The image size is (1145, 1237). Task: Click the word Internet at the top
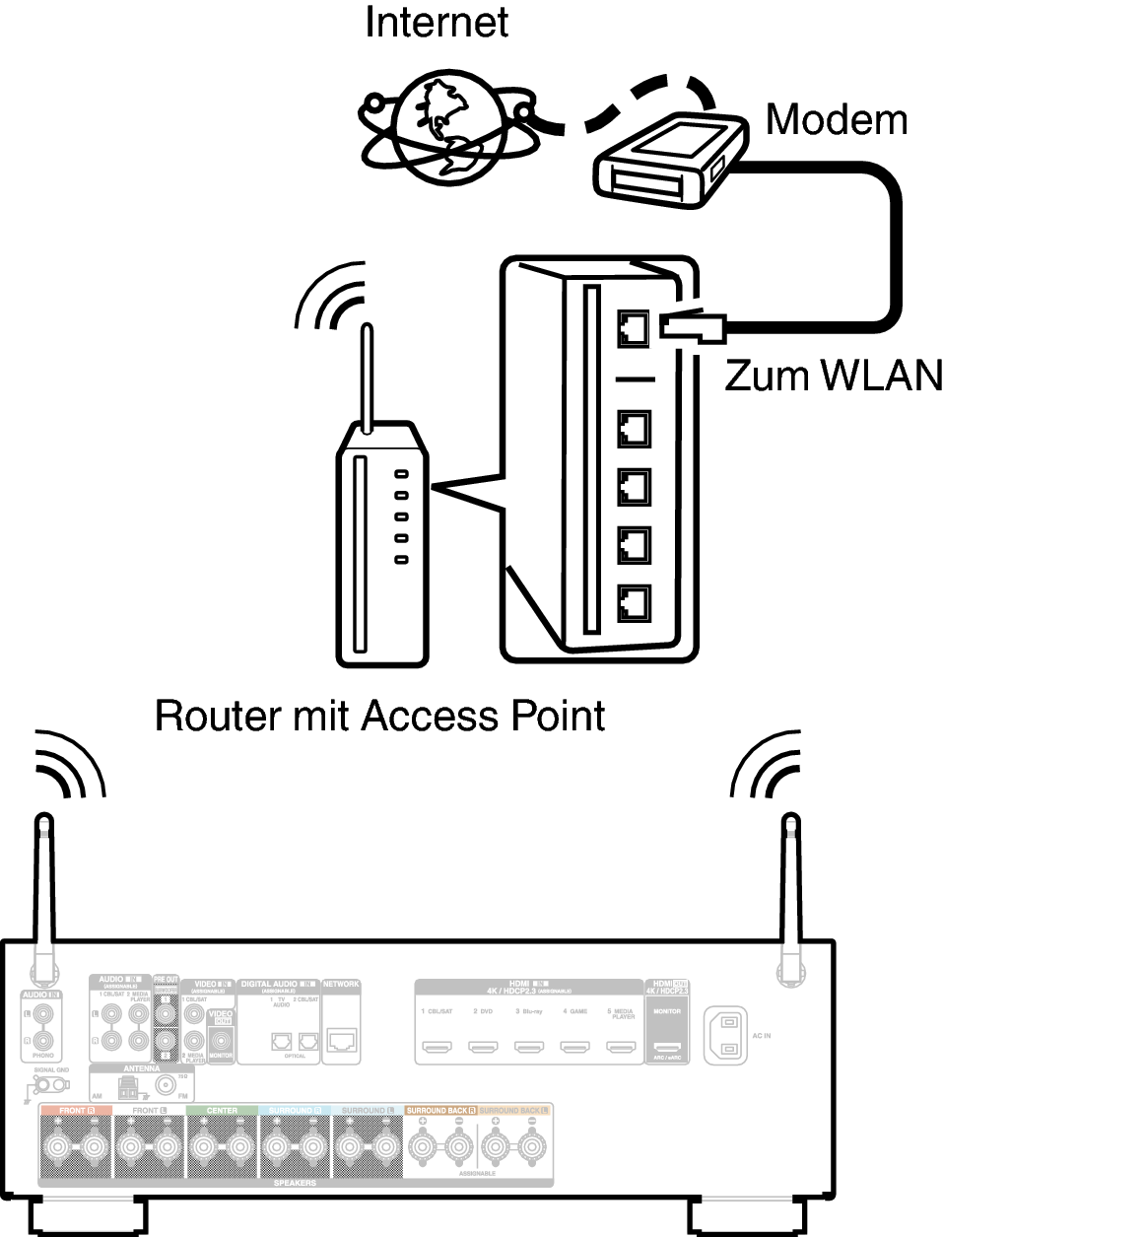(x=436, y=22)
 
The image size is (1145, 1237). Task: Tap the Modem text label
(x=836, y=119)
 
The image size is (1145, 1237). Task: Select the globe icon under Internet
(x=449, y=127)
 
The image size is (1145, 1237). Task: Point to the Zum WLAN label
(x=834, y=375)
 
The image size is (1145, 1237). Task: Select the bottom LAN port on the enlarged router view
(x=634, y=601)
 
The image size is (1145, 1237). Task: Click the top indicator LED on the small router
(x=401, y=474)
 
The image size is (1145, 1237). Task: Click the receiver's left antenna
(x=43, y=887)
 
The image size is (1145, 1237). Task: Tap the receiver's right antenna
(x=789, y=887)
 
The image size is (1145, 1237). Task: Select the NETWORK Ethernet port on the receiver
(x=341, y=1039)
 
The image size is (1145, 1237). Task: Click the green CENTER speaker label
(x=222, y=1111)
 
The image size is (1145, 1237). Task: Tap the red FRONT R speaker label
(x=75, y=1111)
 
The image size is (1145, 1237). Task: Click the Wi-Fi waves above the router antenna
(x=330, y=296)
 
